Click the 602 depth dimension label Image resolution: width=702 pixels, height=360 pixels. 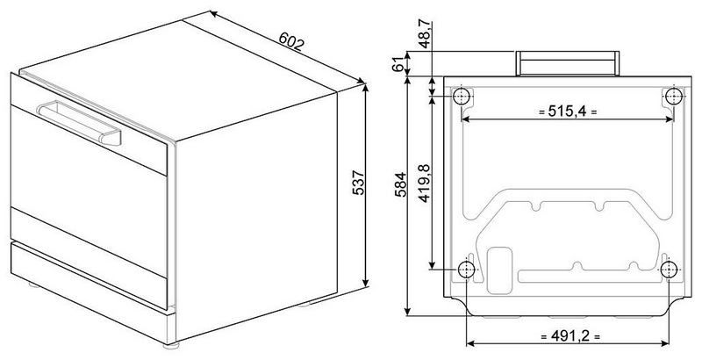coord(291,40)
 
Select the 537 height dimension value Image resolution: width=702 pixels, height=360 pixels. coord(359,183)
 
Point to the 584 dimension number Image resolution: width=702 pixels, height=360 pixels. coord(400,184)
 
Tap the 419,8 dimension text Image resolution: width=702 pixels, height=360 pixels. coord(424,184)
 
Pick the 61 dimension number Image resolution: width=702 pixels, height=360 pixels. coord(398,64)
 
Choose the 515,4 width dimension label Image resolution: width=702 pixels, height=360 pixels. coord(568,112)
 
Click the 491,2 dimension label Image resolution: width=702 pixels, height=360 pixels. coord(569,335)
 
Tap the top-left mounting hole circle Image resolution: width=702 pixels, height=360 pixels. coord(462,96)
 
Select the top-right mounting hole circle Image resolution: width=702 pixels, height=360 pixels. coord(673,96)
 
